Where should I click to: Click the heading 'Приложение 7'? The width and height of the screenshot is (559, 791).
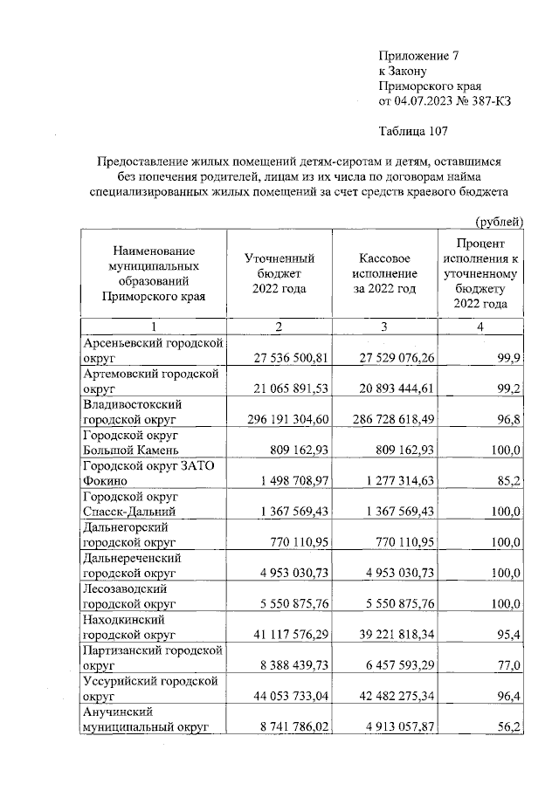(418, 55)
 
